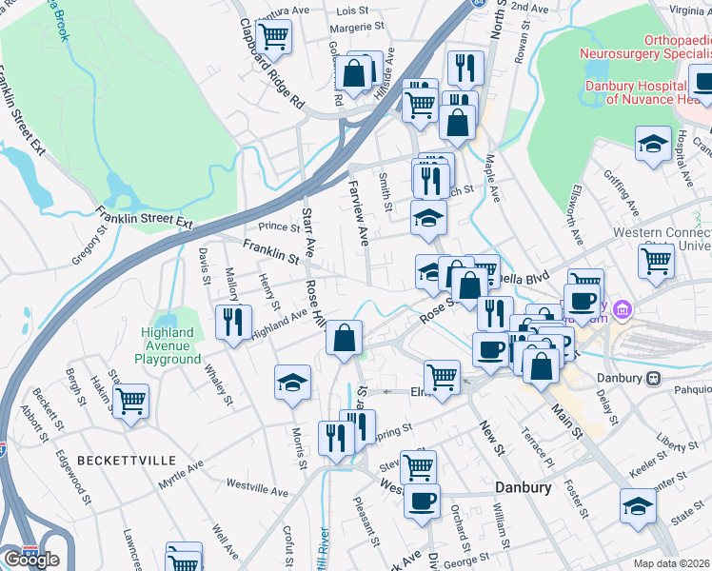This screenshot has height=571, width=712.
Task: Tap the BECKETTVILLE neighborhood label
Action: click(x=127, y=460)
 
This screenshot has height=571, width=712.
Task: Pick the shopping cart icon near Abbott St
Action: click(x=130, y=401)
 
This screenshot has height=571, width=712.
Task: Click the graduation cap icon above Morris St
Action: click(x=293, y=383)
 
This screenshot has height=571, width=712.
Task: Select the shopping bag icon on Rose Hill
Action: click(x=344, y=337)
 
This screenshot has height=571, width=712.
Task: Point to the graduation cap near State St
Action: click(x=638, y=506)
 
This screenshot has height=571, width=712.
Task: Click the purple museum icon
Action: click(x=623, y=308)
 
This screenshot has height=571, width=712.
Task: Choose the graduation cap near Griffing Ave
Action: click(x=653, y=145)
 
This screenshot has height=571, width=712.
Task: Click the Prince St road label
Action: click(x=279, y=226)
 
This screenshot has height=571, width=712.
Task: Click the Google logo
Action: click(x=31, y=560)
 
